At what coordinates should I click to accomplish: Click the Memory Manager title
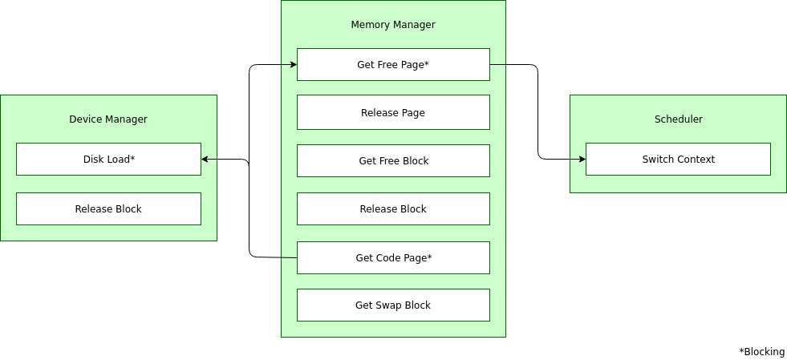[x=393, y=25]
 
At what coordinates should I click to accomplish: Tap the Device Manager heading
[x=108, y=119]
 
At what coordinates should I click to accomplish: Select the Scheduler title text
[x=678, y=119]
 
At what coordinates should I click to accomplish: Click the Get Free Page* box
[x=393, y=65]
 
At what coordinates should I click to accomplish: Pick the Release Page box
[x=393, y=112]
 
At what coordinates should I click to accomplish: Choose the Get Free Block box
[x=393, y=161]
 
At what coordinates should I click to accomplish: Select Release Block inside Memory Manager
[x=393, y=209]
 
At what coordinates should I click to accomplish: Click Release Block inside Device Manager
[x=108, y=209]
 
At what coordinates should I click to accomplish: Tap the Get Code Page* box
[x=393, y=257]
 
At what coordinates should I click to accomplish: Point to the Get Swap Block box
[x=393, y=305]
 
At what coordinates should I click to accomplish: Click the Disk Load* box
[x=108, y=160]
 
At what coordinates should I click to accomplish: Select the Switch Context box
[x=678, y=160]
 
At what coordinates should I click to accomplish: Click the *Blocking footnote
[x=761, y=352]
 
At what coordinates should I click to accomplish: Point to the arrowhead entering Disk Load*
[x=205, y=160]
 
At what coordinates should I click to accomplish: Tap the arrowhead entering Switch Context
[x=582, y=160]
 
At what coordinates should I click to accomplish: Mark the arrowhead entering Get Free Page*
[x=294, y=65]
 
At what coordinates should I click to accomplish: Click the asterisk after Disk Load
[x=132, y=157]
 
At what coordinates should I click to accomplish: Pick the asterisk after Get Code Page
[x=430, y=257]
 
